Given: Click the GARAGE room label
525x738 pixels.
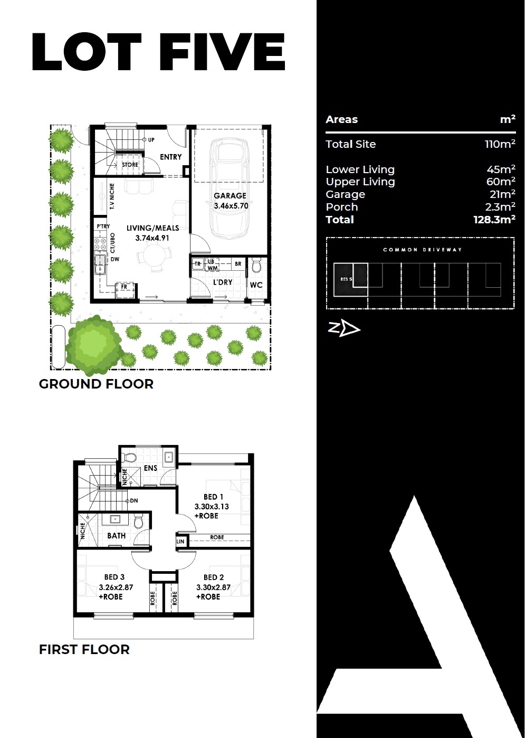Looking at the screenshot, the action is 230,195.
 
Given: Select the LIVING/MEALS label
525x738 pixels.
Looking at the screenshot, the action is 153,228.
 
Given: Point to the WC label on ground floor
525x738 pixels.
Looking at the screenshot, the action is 256,285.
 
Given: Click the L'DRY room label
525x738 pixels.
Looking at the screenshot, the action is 223,282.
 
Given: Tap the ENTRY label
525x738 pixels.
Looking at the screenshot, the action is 170,157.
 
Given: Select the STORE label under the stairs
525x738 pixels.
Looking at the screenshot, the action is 130,164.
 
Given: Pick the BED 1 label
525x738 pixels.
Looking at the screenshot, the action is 213,497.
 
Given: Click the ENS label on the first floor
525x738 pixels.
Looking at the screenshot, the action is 150,468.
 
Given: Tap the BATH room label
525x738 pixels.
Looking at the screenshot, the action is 116,536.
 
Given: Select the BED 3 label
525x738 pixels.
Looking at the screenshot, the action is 114,577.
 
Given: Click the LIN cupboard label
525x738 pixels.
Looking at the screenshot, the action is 180,541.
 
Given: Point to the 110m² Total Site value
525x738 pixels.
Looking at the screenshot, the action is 500,144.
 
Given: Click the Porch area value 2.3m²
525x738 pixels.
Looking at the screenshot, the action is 500,206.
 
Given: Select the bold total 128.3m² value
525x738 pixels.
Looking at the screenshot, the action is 494,220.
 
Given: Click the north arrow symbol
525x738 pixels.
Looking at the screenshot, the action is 344,328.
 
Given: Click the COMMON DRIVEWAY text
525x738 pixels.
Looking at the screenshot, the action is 422,250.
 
